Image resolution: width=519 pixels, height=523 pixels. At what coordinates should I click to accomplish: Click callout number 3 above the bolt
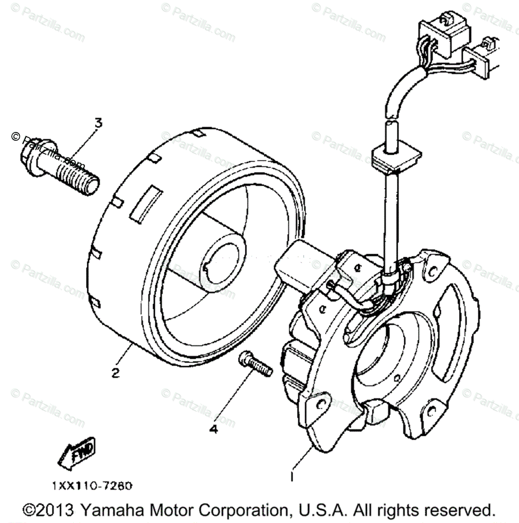click(x=99, y=123)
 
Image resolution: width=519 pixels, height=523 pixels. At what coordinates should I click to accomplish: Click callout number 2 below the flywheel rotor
click(x=115, y=373)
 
